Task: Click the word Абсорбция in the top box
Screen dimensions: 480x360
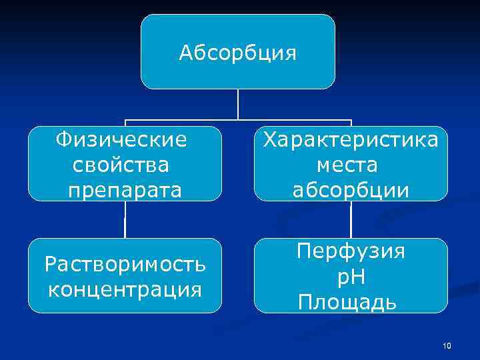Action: pyautogui.click(x=237, y=52)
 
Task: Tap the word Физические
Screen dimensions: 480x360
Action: pyautogui.click(x=121, y=140)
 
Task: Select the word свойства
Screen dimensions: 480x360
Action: pyautogui.click(x=123, y=164)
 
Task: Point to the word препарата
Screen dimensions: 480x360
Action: pyautogui.click(x=124, y=189)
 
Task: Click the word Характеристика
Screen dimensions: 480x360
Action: pyautogui.click(x=351, y=140)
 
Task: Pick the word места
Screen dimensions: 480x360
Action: pyautogui.click(x=351, y=164)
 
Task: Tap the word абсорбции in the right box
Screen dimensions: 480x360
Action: pyautogui.click(x=351, y=189)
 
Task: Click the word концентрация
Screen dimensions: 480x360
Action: pyautogui.click(x=125, y=289)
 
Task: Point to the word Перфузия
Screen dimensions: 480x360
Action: pyautogui.click(x=351, y=251)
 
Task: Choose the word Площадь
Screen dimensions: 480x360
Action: pyautogui.click(x=348, y=302)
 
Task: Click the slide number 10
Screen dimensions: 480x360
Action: pyautogui.click(x=447, y=345)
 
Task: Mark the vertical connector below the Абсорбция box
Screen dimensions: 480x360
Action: pyautogui.click(x=238, y=105)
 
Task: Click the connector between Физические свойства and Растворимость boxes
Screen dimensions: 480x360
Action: pyautogui.click(x=125, y=219)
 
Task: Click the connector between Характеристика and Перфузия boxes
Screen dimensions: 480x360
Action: pyautogui.click(x=351, y=219)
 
